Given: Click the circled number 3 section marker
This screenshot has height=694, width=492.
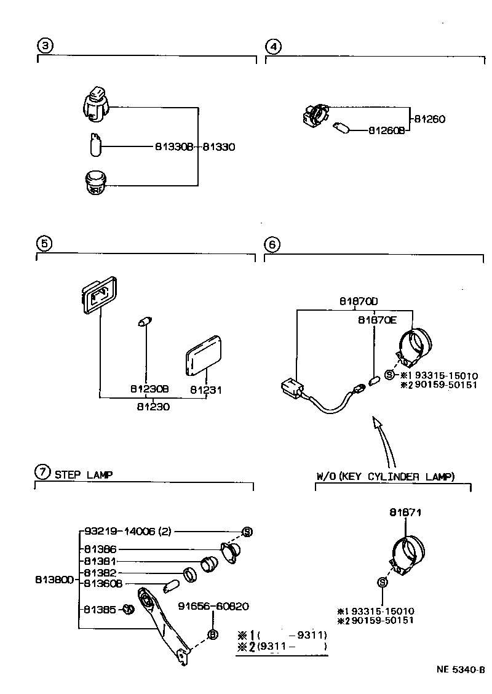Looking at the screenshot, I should (45, 46).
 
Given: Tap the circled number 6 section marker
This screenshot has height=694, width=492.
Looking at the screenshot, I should (272, 244).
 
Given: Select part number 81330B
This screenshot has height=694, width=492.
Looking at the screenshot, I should (174, 147).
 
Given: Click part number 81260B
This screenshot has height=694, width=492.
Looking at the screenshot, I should (386, 131).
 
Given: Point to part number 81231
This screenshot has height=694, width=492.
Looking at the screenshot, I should (205, 390).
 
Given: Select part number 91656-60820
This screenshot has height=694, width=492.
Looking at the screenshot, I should (213, 606).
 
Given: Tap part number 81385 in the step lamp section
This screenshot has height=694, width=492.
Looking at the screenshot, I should (100, 610).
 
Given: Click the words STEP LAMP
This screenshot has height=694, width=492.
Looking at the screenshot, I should (83, 474).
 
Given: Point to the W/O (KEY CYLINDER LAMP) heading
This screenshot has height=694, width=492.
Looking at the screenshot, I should (386, 476).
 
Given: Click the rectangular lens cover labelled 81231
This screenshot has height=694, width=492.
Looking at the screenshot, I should (204, 356).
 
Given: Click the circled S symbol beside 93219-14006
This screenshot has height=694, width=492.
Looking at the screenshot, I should (247, 532).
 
